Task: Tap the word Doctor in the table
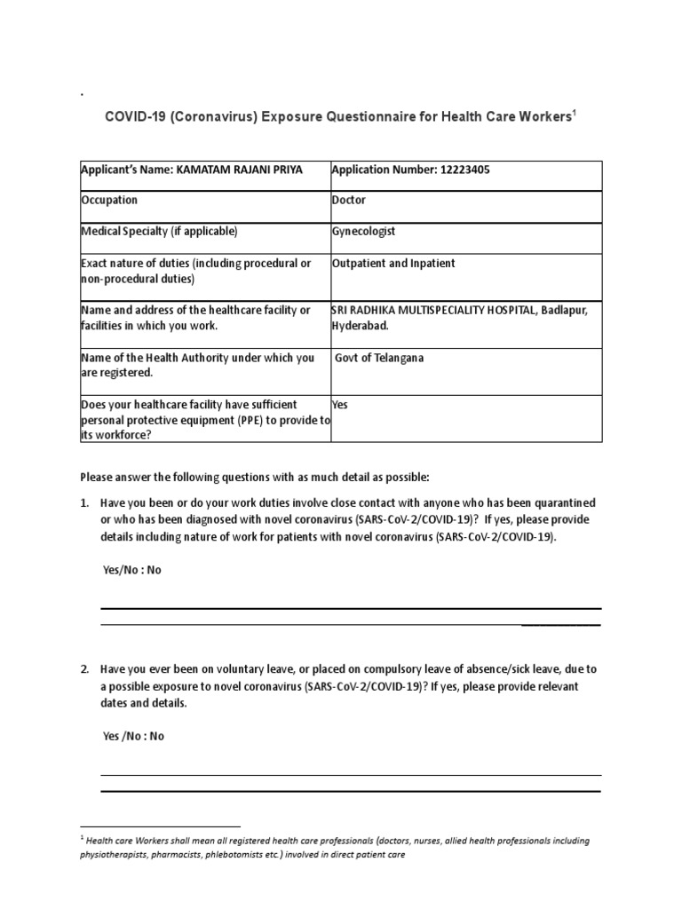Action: tap(349, 201)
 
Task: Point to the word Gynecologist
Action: tap(363, 232)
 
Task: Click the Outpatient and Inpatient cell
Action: tap(393, 264)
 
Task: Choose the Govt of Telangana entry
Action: tap(379, 359)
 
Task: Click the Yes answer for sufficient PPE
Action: tap(340, 405)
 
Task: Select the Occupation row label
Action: tap(109, 201)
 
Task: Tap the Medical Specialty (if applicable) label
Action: tap(159, 232)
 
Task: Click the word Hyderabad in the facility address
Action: tap(359, 326)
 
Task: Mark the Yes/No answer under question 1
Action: tap(132, 571)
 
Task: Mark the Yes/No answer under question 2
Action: tap(133, 736)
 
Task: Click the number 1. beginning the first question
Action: tap(85, 503)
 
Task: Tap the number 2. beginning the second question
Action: tap(85, 668)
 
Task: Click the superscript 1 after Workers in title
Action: tap(574, 114)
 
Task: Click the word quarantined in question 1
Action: tap(564, 503)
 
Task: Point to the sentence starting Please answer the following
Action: tap(255, 477)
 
